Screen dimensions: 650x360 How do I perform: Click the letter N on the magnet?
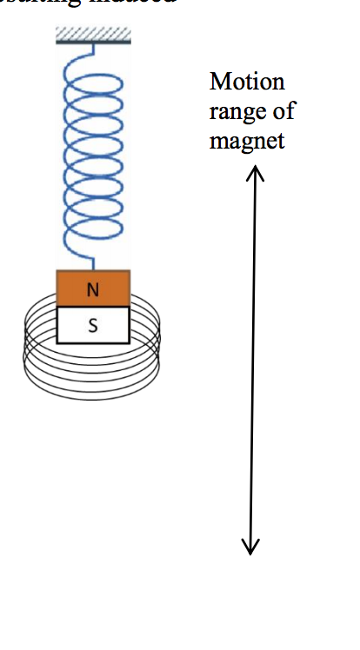click(x=93, y=290)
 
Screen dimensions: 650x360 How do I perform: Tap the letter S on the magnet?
click(x=93, y=326)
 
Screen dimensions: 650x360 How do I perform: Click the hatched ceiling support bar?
click(x=93, y=36)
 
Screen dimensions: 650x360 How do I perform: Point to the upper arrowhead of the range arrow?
click(x=253, y=172)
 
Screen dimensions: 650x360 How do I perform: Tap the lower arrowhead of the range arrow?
click(x=250, y=547)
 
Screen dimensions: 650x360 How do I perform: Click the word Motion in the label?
click(x=247, y=82)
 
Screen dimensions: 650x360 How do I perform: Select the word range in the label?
click(x=240, y=111)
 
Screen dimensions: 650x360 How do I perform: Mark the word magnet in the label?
click(x=247, y=140)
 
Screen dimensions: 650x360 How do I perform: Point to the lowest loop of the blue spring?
click(x=94, y=233)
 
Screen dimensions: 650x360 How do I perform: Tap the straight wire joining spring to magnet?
click(x=93, y=262)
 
